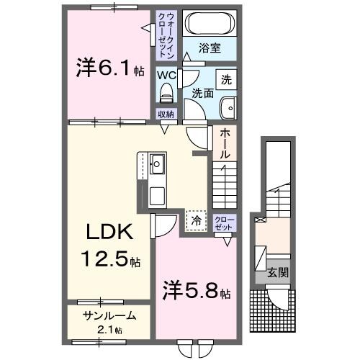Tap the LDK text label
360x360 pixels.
point(109,233)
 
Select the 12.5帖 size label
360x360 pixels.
point(109,260)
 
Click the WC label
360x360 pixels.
point(167,74)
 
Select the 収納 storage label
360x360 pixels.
point(166,113)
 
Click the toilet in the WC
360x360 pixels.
point(167,93)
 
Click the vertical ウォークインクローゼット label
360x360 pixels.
point(166,34)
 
